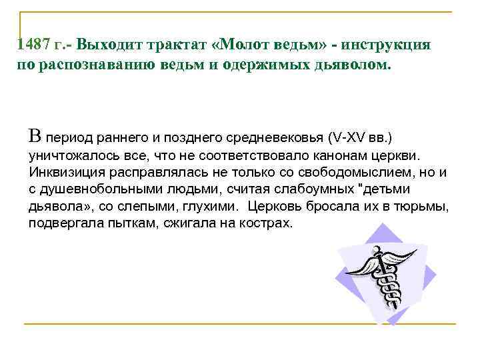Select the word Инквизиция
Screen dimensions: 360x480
[x=61, y=173]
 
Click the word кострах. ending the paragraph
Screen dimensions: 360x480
[x=267, y=223]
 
